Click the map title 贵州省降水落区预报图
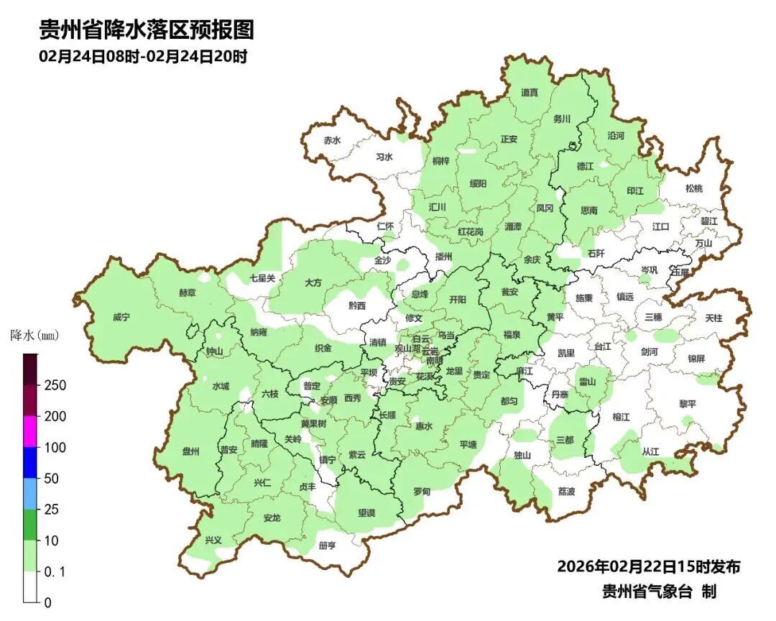[147, 29]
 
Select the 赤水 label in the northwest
[332, 141]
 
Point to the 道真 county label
[530, 93]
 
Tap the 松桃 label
[693, 188]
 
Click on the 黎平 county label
[688, 404]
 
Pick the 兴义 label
[213, 540]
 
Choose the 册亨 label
[327, 546]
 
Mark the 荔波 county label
[566, 492]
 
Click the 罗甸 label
[422, 492]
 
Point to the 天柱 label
[713, 317]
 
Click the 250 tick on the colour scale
[55, 385]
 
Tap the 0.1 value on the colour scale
[55, 571]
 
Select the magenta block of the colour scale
[30, 431]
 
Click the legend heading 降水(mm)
[34, 336]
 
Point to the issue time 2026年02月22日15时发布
[648, 566]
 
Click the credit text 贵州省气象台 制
[659, 592]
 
